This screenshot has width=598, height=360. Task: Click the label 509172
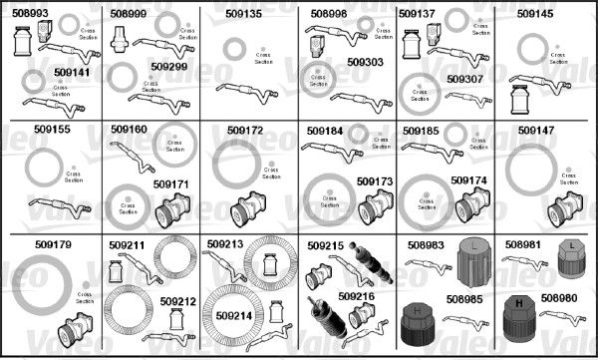(244, 130)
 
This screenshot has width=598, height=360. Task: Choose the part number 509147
(536, 130)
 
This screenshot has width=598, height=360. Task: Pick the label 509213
(225, 243)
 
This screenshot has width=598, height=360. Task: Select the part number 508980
(559, 297)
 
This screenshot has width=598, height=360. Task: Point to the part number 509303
(365, 62)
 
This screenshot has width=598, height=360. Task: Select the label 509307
(464, 78)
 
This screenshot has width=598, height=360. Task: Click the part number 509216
(356, 297)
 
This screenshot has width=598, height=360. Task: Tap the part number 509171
(169, 184)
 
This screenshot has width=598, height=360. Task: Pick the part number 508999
(130, 15)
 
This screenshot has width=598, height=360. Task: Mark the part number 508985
(464, 297)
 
